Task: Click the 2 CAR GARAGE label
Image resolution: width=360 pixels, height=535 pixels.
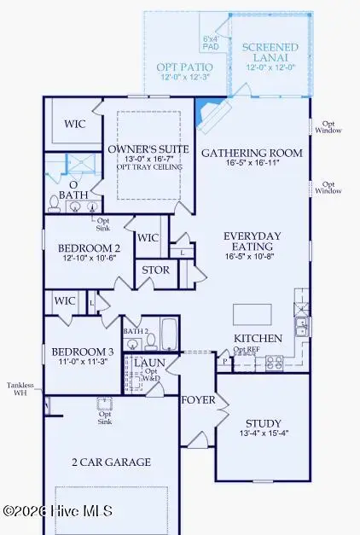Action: pyautogui.click(x=111, y=462)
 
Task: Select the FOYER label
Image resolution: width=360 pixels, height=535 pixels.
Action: pyautogui.click(x=198, y=399)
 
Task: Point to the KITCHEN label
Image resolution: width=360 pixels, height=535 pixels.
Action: pyautogui.click(x=258, y=339)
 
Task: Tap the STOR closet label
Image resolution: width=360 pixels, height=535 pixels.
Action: pyautogui.click(x=155, y=270)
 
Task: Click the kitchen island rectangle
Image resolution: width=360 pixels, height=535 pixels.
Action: pyautogui.click(x=252, y=314)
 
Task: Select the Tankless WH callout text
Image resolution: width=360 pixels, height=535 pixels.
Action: pyautogui.click(x=20, y=388)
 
